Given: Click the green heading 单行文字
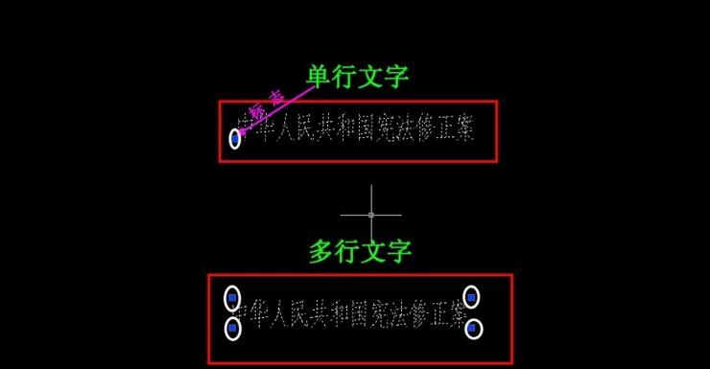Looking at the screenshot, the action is coord(364,77).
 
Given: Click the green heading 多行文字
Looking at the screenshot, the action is coord(360,252).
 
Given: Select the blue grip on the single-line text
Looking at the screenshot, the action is coord(235,139).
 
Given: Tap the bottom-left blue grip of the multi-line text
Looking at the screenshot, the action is coord(231,329).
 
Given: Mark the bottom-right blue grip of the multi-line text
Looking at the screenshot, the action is coord(472,329).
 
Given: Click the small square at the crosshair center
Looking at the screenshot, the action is coord(371,215).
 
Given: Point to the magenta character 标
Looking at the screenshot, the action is coord(257,111).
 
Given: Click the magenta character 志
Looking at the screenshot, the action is coord(276,97).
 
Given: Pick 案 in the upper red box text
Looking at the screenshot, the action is coord(462,129).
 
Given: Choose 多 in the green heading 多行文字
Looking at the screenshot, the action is coord(321,252).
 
